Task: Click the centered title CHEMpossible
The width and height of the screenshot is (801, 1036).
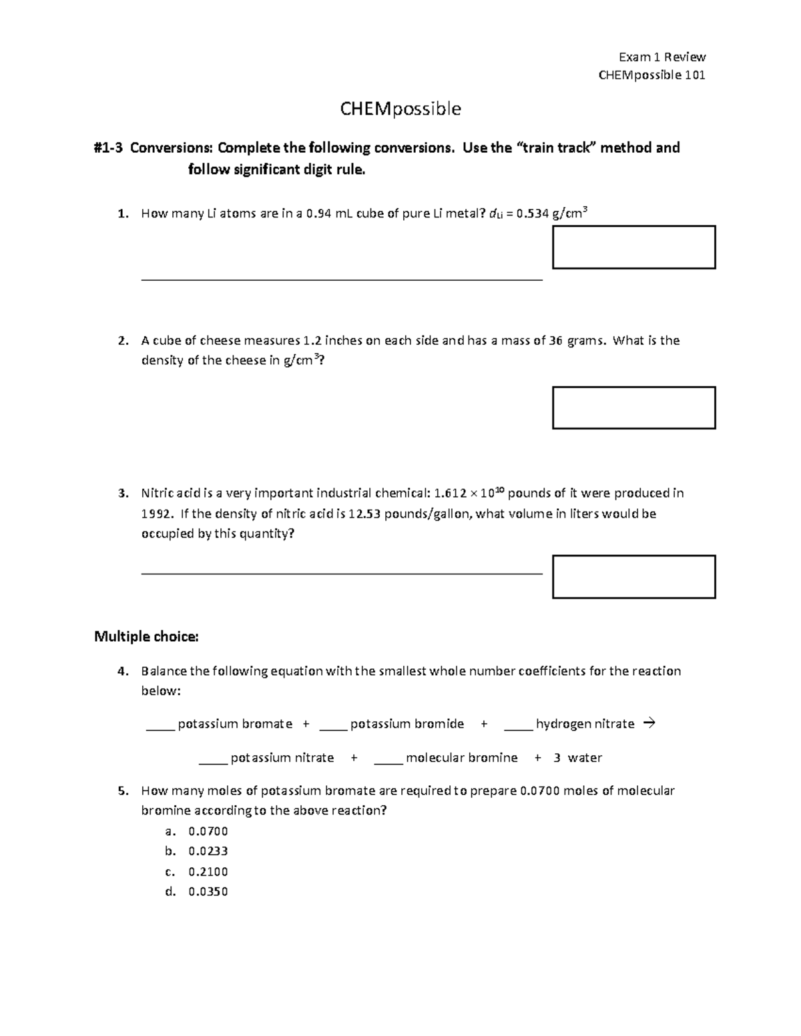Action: pos(400,109)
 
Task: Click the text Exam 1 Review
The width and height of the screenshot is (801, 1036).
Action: pos(662,57)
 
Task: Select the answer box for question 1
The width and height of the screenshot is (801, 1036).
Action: pos(633,247)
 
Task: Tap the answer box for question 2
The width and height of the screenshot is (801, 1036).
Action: pos(633,408)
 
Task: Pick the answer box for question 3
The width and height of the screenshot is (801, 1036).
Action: pos(633,577)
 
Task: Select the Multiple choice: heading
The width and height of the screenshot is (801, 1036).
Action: pos(146,636)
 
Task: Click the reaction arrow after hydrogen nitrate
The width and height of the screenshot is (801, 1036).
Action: pos(648,723)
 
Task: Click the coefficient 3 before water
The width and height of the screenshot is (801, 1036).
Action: pos(557,758)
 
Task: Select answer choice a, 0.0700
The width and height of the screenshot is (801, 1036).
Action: pos(208,831)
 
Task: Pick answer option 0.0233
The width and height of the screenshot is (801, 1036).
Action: pos(208,851)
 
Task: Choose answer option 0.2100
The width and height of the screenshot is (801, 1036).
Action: pos(208,872)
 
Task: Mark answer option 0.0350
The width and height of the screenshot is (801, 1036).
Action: pos(208,892)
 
